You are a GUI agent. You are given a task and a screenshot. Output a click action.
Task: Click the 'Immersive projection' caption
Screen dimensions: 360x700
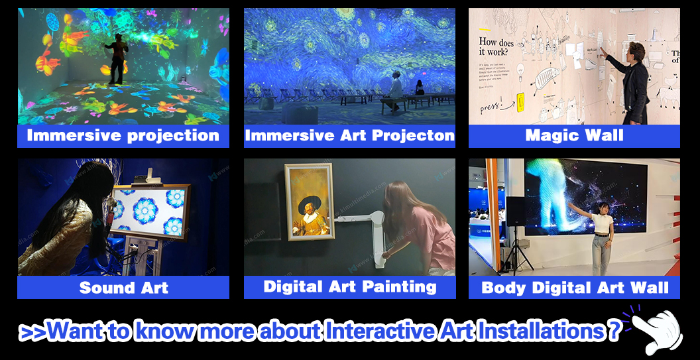coord(123,136)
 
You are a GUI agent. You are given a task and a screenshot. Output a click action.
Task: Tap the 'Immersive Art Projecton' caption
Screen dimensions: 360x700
coord(349,136)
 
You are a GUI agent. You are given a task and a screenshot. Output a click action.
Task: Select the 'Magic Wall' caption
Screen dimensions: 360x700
coord(574,136)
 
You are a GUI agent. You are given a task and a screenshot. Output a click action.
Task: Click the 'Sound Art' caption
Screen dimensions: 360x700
coord(123,288)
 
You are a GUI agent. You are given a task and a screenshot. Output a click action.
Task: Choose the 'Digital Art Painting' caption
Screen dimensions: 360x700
coord(349,287)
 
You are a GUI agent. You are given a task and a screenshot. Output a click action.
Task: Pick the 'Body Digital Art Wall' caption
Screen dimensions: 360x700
coord(574,288)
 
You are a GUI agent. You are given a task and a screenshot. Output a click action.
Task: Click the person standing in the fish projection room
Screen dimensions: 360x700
coord(117,58)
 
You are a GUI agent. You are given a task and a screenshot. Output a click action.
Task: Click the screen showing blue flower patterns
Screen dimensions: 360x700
coord(150,212)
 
